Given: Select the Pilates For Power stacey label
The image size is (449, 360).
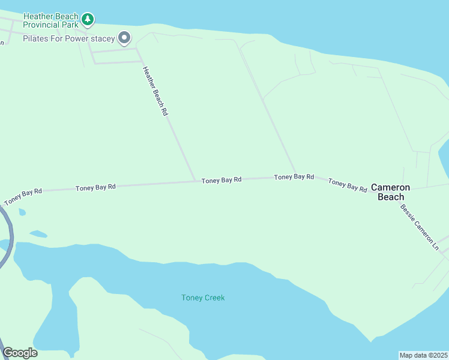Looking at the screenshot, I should pyautogui.click(x=68, y=39).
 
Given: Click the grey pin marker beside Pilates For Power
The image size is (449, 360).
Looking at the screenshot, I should pyautogui.click(x=124, y=38).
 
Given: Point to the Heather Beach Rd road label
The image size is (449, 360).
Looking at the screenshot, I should pyautogui.click(x=154, y=91).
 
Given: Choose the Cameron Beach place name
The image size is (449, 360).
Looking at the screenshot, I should pyautogui.click(x=390, y=191).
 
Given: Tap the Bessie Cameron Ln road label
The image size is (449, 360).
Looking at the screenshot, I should pyautogui.click(x=420, y=227).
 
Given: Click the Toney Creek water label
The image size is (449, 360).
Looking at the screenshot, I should pyautogui.click(x=203, y=298).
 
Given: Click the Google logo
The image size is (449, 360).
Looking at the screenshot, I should pyautogui.click(x=20, y=353).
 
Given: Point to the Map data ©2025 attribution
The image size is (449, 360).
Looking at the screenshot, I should pyautogui.click(x=423, y=355).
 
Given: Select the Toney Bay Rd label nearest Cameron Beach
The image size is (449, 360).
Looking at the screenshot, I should pyautogui.click(x=348, y=185).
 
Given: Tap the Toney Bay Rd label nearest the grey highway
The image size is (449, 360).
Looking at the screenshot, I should pyautogui.click(x=23, y=196).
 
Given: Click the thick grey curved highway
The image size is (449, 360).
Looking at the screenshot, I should pyautogui.click(x=8, y=234).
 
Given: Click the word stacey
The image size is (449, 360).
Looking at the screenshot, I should pyautogui.click(x=103, y=39).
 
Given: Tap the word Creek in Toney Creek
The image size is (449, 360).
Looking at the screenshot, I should pyautogui.click(x=214, y=298).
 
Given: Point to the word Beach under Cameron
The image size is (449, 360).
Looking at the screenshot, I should pyautogui.click(x=390, y=196).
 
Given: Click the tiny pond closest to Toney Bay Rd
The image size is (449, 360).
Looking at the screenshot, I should pyautogui.click(x=22, y=212).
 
